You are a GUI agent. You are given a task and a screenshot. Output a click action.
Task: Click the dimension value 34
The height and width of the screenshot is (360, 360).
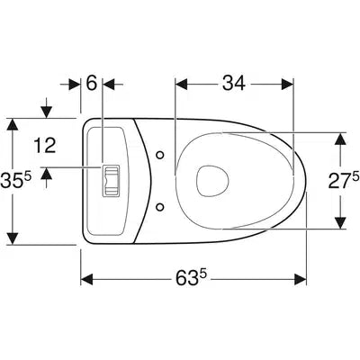coord(234,83)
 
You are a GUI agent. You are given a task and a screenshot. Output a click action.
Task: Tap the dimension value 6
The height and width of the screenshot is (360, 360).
coord(92,83)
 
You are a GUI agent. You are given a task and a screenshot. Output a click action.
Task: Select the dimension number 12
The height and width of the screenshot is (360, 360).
coord(45,146)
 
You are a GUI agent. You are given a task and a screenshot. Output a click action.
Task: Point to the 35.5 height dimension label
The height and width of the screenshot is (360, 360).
coord(15,181)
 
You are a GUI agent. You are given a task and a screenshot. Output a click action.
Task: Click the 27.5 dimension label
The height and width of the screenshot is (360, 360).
coord(344,181)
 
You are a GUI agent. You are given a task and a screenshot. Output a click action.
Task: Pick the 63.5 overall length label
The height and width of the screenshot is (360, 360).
coord(191,279)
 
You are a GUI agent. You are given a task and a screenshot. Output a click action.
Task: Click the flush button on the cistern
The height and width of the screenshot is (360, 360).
coord(111,181)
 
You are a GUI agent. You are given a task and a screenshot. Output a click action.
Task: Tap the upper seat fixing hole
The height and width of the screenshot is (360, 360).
coord(160,155)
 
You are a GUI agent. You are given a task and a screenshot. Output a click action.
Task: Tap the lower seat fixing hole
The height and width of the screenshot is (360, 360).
coord(160,206)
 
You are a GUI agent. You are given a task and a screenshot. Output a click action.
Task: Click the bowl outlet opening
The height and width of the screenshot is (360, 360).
coord(212,181)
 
